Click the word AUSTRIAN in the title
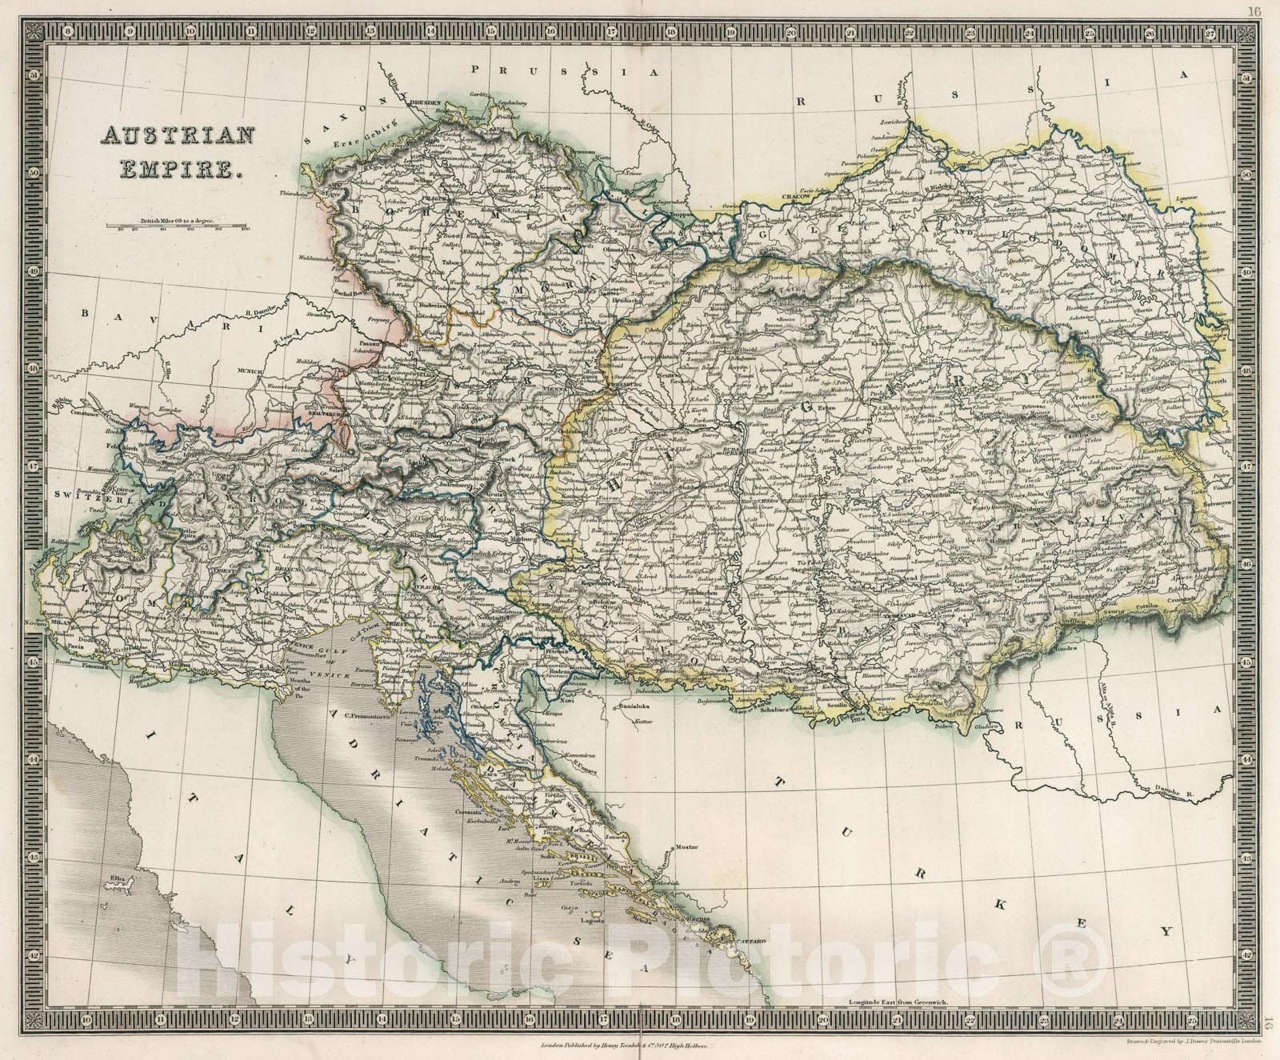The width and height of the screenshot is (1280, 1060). point(176,137)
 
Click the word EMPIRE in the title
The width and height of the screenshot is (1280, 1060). point(176,167)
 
